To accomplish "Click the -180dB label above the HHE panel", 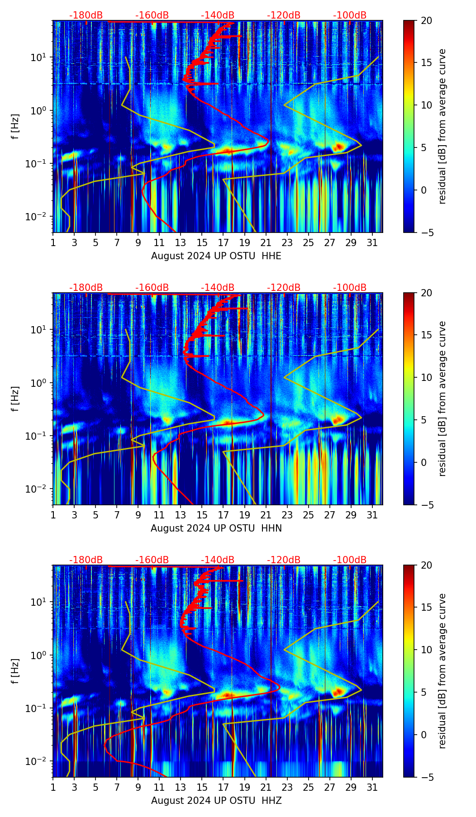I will pos(86,15).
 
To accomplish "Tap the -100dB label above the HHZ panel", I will pos(350,560).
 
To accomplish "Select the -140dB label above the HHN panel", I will pos(218,288).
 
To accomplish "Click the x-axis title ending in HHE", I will pos(216,256).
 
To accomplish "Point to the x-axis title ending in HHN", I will pos(216,528).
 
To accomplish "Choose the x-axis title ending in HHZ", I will pos(216,801).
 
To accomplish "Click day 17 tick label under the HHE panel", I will pos(224,242).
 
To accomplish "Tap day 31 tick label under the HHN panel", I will pos(372,515).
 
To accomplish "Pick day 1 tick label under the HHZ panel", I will pos(53,787).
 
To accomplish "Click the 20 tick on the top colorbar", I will pos(426,20).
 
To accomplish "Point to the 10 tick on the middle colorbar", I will pos(426,377).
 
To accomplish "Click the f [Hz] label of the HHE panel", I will pos(15,126).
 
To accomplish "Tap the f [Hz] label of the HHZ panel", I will pos(15,671).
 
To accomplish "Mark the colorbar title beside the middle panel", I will pos(443,399).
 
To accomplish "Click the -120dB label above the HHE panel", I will pos(284,15).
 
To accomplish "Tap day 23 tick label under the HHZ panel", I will pos(287,787).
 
